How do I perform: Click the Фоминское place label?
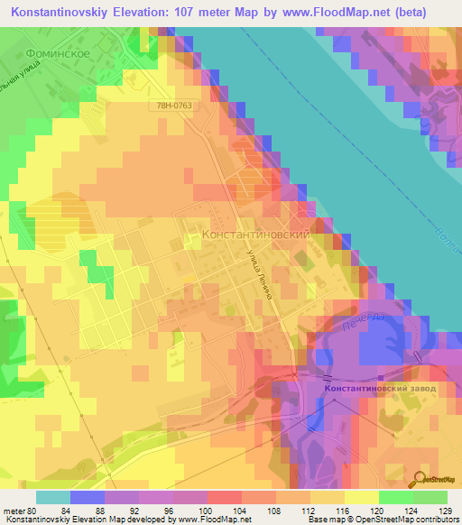(56, 53)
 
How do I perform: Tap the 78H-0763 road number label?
(172, 105)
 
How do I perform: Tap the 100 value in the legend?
(206, 511)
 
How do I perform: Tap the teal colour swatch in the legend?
(53, 497)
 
